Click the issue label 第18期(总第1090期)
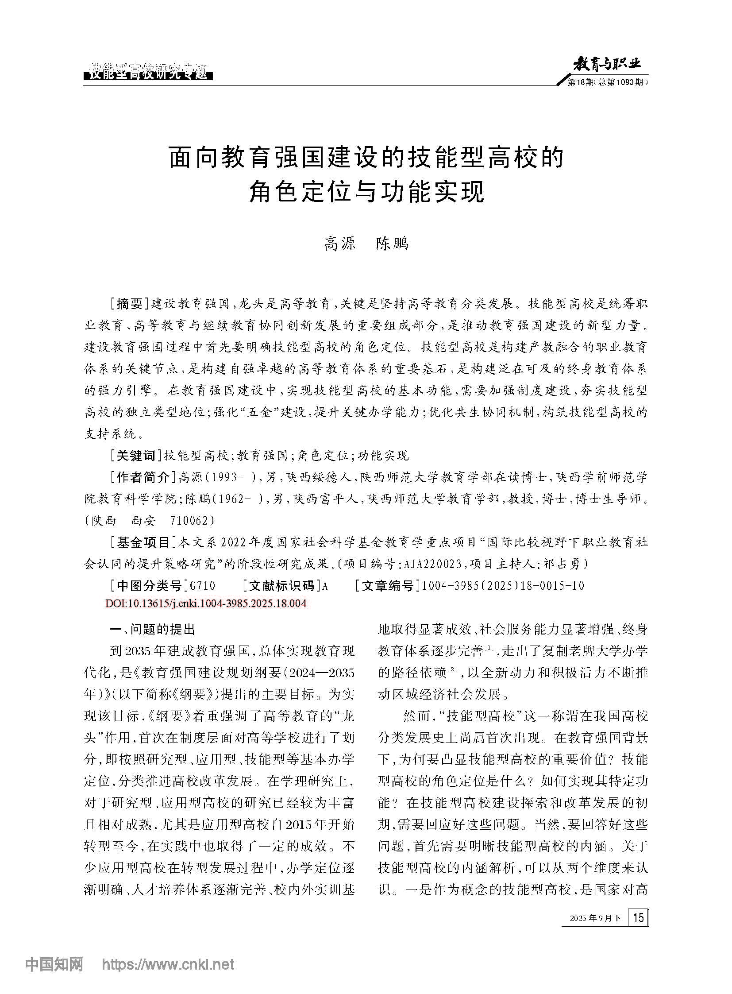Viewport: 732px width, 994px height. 607,83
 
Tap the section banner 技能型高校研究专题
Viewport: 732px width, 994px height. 148,71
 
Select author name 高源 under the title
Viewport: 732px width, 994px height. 340,244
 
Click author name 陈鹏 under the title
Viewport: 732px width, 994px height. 392,244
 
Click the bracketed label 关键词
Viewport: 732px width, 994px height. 137,455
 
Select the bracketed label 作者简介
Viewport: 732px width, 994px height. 144,477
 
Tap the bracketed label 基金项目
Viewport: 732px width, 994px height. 144,542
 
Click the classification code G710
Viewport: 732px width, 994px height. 202,586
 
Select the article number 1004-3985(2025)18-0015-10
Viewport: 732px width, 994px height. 503,586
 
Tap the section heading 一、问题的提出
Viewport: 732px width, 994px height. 152,629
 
